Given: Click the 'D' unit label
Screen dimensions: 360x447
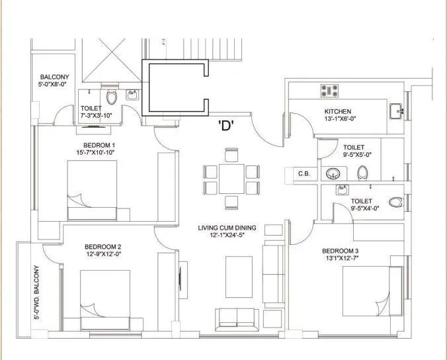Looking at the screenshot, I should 227,127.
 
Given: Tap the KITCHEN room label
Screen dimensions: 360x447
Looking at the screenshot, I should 337,111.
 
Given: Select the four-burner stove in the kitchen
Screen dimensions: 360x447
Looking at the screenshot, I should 329,90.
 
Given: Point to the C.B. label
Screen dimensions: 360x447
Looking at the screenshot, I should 304,173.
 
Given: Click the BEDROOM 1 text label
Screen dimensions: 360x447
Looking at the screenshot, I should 100,145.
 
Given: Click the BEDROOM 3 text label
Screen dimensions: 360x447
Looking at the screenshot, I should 341,250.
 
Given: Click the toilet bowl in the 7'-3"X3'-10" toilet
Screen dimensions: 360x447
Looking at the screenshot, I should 111,99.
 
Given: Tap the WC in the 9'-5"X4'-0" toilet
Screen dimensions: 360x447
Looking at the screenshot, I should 395,202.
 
